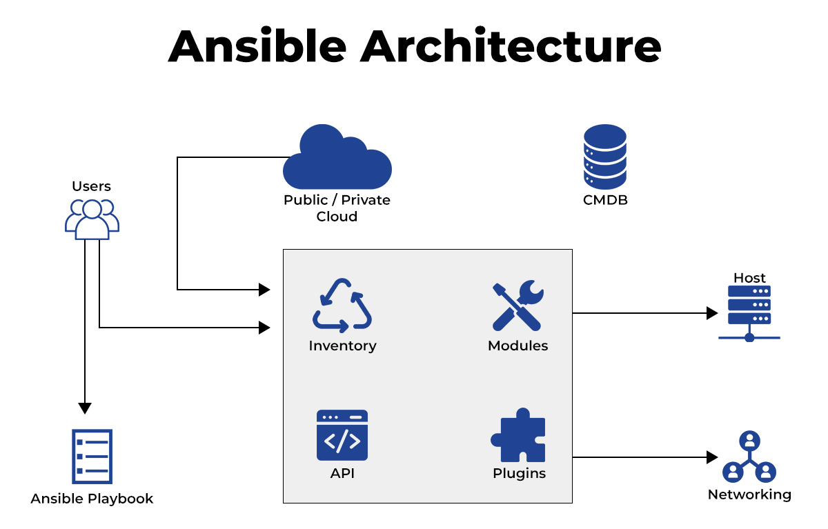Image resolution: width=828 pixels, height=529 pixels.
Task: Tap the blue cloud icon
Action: pyautogui.click(x=337, y=159)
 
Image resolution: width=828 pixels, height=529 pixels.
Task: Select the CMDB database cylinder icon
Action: pyautogui.click(x=605, y=157)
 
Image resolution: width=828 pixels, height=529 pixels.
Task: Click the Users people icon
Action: pyautogui.click(x=92, y=219)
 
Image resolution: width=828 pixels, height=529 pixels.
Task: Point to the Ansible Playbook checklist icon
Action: pyautogui.click(x=92, y=457)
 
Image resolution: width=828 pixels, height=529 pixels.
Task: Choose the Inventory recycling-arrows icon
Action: pyautogui.click(x=342, y=305)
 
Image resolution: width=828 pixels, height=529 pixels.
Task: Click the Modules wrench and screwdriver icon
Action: pyautogui.click(x=517, y=306)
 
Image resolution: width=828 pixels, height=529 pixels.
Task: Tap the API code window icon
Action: pyautogui.click(x=342, y=435)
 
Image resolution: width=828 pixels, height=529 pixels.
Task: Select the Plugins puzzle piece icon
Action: pyautogui.click(x=518, y=435)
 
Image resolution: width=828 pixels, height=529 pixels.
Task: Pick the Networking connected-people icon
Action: pyautogui.click(x=749, y=457)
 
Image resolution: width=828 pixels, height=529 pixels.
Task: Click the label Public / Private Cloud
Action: pyautogui.click(x=337, y=208)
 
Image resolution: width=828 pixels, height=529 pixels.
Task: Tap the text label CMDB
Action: pyautogui.click(x=605, y=201)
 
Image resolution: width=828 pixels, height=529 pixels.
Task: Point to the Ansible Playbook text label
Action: pyautogui.click(x=92, y=499)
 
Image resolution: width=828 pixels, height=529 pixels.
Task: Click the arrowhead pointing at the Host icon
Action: pyautogui.click(x=712, y=313)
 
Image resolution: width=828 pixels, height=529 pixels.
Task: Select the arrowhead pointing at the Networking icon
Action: pyautogui.click(x=712, y=457)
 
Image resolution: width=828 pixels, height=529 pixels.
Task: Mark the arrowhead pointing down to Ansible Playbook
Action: pyautogui.click(x=85, y=408)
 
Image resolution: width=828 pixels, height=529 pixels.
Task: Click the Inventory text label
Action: pyautogui.click(x=342, y=346)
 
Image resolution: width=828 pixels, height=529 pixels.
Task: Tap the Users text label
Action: pyautogui.click(x=91, y=186)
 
